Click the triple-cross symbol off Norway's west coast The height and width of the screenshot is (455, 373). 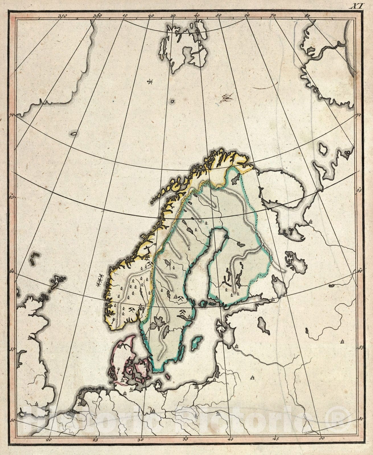(100, 280)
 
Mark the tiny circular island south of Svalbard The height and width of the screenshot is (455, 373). (172, 101)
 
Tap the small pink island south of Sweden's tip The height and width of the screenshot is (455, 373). (168, 376)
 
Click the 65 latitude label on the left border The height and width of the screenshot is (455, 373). (12, 196)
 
